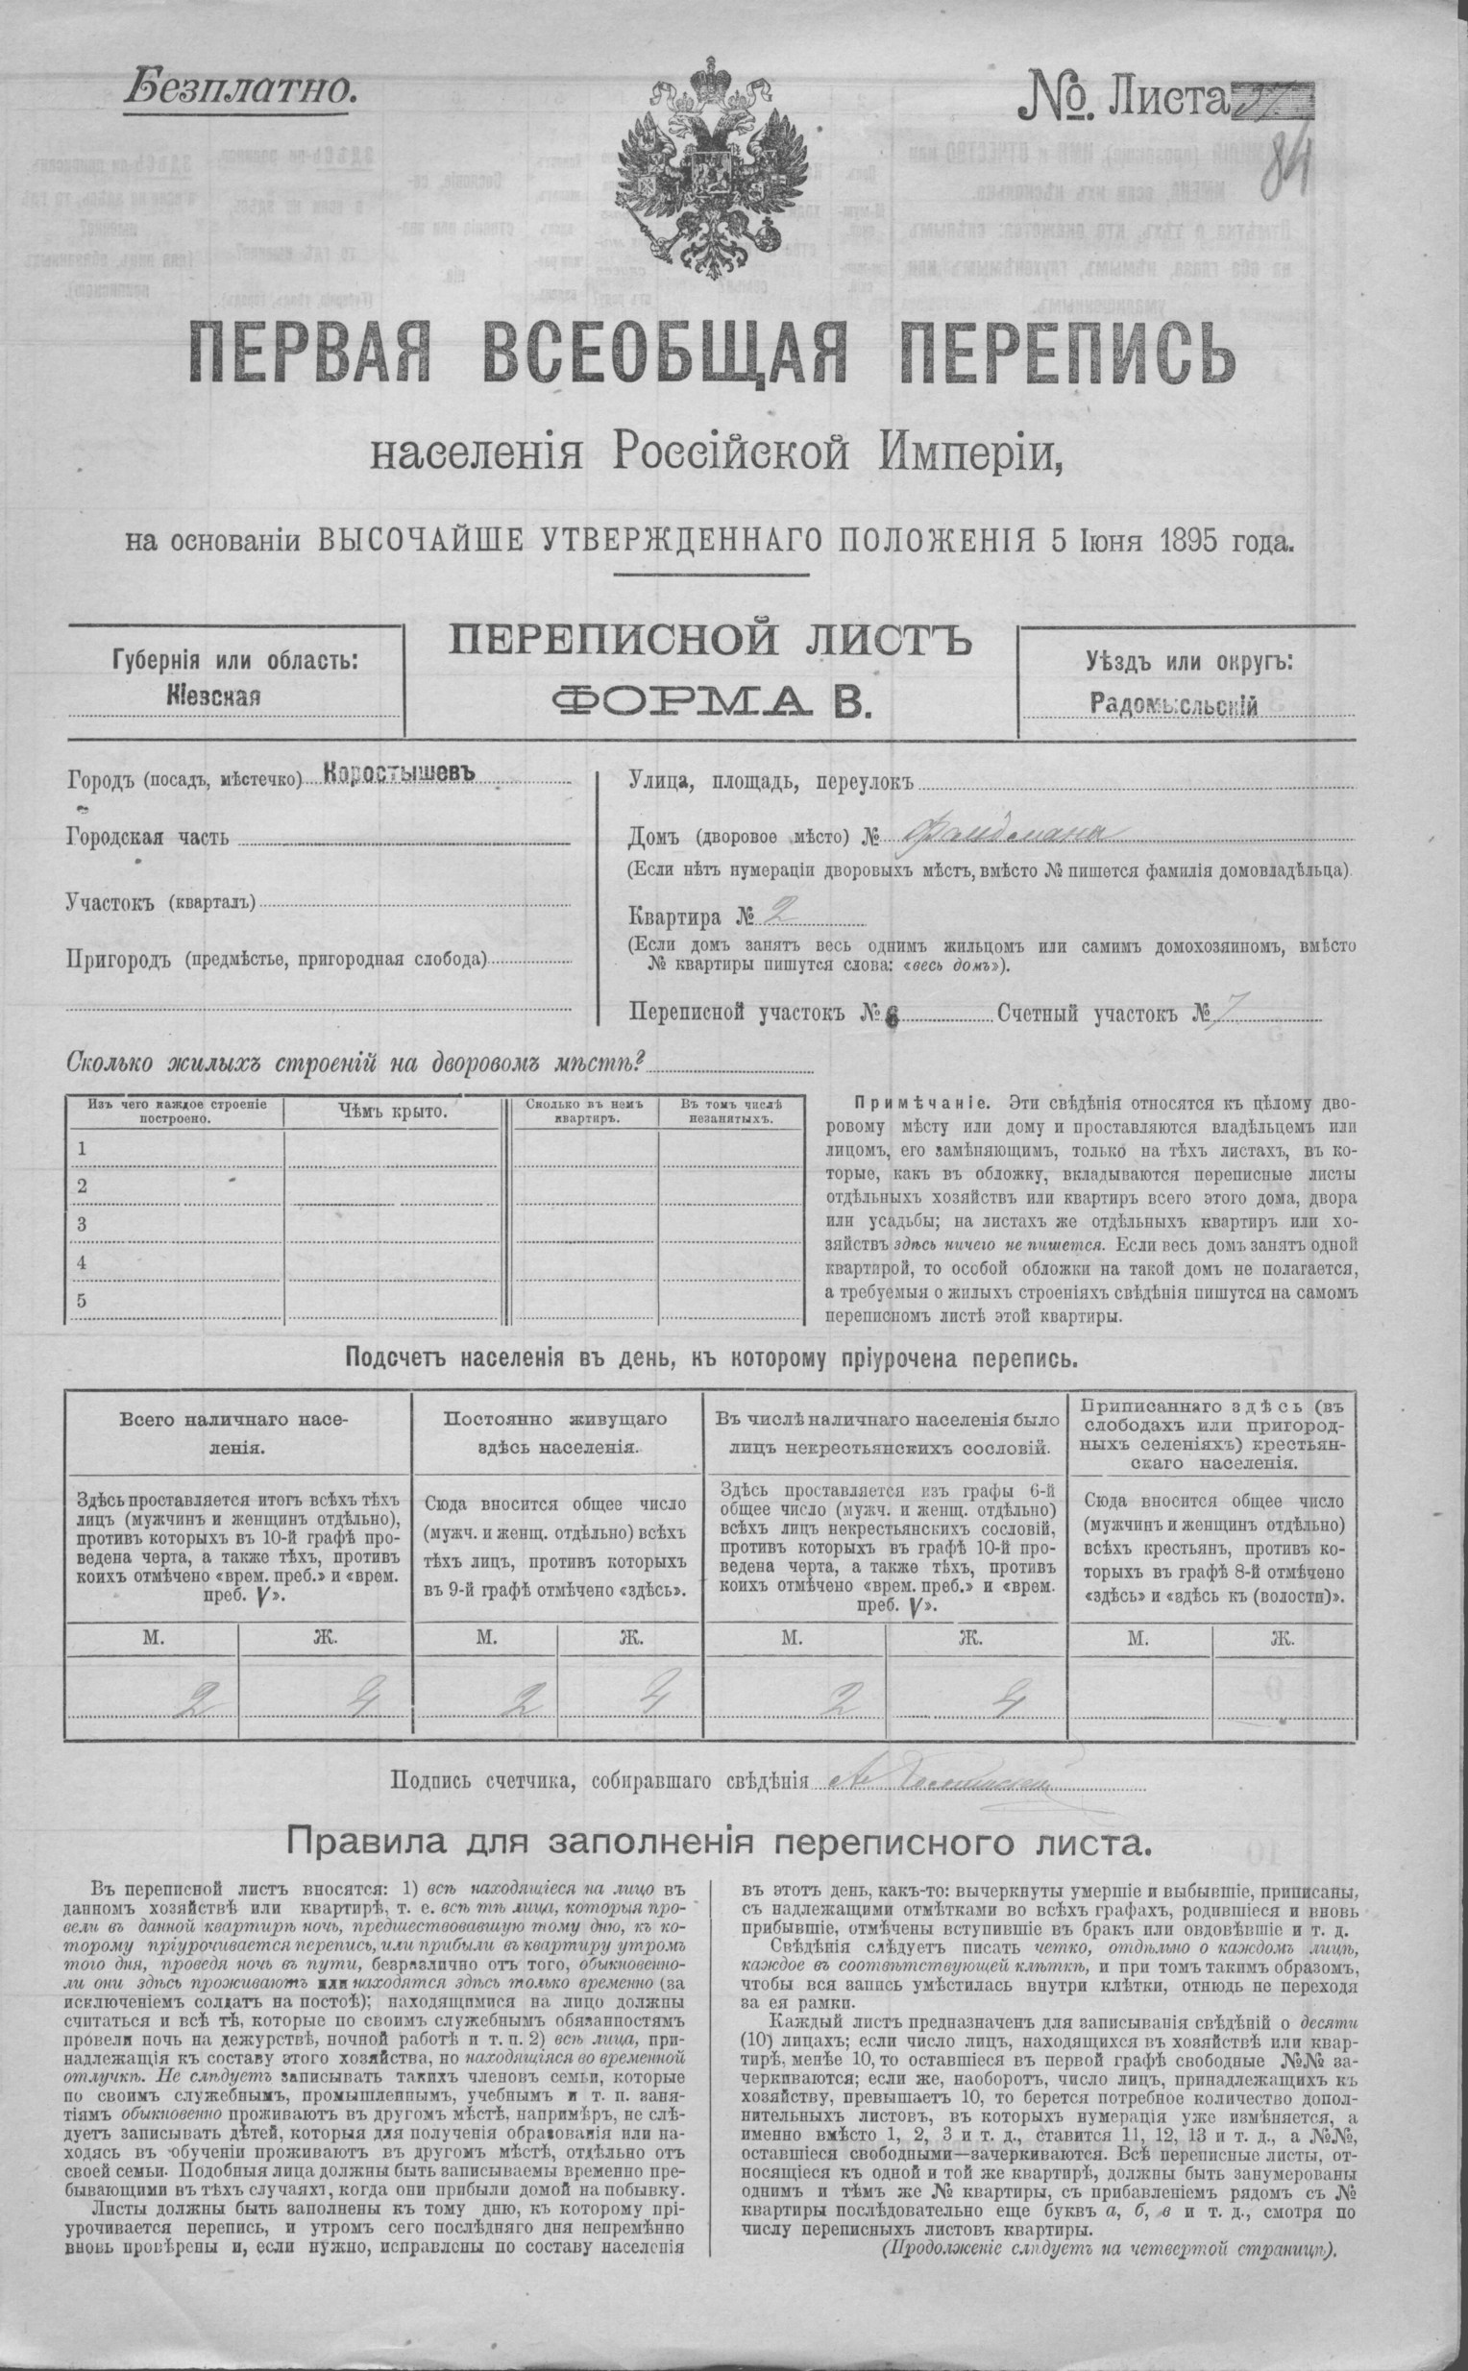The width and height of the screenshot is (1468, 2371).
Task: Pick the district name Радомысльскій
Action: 1174,704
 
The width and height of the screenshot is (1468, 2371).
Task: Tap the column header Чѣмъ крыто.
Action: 392,1111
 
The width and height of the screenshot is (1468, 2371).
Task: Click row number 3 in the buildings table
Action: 83,1224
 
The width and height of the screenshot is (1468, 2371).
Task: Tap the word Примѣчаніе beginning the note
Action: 921,1104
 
